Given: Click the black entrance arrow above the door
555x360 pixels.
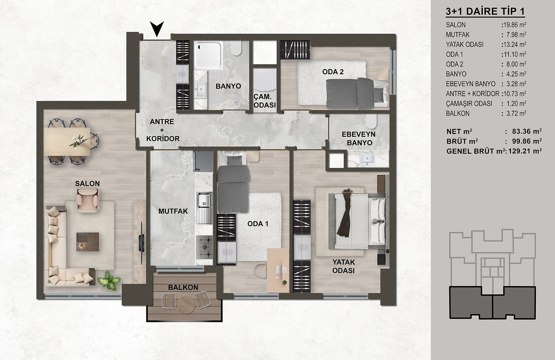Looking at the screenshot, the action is (156, 28).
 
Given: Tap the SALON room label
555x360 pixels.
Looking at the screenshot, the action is (87, 183).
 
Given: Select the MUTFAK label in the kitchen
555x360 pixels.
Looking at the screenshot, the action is (173, 211).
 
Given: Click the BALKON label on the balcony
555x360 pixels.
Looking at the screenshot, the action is (183, 287).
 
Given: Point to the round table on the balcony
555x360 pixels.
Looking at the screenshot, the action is (187, 305).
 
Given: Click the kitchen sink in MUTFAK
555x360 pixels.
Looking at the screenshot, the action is (204, 208).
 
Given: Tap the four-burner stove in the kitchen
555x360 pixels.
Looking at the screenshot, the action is (204, 248).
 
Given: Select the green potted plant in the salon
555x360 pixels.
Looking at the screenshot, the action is (109, 280).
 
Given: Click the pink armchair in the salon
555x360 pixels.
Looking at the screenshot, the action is (88, 200).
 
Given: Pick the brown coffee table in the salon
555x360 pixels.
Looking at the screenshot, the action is (87, 242).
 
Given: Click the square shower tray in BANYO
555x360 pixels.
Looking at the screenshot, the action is (208, 55).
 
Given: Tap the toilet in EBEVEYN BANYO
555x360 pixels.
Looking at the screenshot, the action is (371, 121).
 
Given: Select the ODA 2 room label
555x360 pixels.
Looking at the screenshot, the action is (333, 72).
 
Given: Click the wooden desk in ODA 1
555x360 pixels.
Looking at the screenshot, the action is (278, 270).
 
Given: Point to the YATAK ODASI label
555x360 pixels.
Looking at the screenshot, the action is (343, 266).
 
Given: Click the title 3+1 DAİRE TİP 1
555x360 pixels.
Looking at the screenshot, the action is (485, 11).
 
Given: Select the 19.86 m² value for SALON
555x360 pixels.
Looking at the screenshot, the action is (515, 25).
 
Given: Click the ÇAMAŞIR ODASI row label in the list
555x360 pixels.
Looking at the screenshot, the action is (469, 104).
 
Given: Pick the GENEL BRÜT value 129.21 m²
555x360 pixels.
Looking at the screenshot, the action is (525, 151).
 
